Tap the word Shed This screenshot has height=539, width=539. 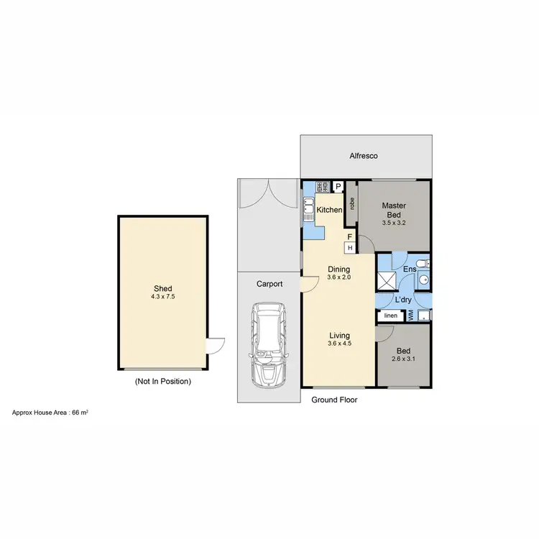pos(162,289)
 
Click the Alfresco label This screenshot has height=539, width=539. pos(364,156)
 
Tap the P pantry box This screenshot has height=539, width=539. pos(338,186)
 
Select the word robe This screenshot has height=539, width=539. pos(352,203)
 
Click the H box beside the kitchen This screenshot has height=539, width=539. pos(350,248)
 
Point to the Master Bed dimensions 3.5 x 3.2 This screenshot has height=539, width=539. pos(394,223)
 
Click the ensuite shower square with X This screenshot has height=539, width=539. pos(386,280)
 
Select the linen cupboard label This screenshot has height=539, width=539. pos(390,315)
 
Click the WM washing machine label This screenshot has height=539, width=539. pos(410,315)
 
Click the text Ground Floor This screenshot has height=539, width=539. pos(333,400)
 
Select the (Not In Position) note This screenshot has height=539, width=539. pos(163,382)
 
